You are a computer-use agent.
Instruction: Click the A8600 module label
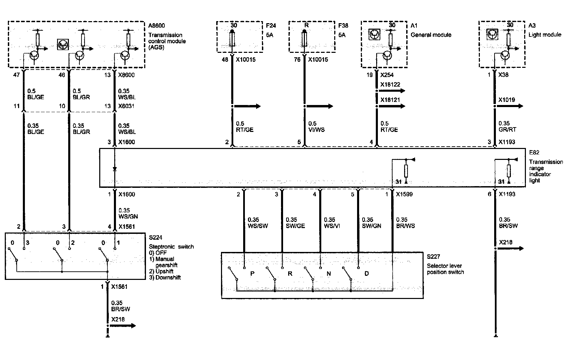157,25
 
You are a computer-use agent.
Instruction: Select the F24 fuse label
271,25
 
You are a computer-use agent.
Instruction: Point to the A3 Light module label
532,25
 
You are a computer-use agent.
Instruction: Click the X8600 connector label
126,75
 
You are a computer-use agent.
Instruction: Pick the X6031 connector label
126,106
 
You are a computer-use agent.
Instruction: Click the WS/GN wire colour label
128,216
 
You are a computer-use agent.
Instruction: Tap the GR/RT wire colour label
507,130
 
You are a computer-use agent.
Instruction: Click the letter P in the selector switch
252,274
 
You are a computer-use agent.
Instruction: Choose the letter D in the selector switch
367,274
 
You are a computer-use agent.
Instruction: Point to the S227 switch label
433,256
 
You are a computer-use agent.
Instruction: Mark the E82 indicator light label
534,153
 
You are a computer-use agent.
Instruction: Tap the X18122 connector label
390,85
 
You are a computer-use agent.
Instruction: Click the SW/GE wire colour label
295,226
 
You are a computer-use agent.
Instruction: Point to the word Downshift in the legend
168,277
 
